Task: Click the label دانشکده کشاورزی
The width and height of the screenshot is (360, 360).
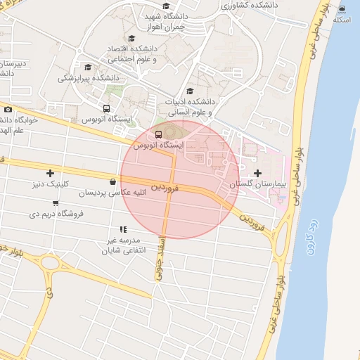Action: click(250, 4)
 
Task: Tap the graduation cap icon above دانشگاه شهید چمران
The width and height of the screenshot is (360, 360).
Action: click(166, 6)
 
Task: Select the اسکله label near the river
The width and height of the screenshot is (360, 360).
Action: click(342, 19)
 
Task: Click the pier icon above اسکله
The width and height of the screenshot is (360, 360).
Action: click(342, 8)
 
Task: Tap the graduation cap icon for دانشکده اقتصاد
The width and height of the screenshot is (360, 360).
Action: click(131, 39)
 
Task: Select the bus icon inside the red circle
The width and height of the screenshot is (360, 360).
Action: click(158, 134)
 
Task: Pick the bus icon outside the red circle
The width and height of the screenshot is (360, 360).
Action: click(106, 108)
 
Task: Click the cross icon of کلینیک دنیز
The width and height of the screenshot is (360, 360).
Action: click(50, 173)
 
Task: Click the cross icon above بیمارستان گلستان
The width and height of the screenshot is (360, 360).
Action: click(257, 172)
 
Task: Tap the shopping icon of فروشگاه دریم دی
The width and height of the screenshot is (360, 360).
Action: click(34, 202)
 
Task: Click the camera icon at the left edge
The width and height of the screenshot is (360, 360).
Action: click(8, 109)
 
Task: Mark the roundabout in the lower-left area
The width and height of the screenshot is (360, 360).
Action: click(49, 264)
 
